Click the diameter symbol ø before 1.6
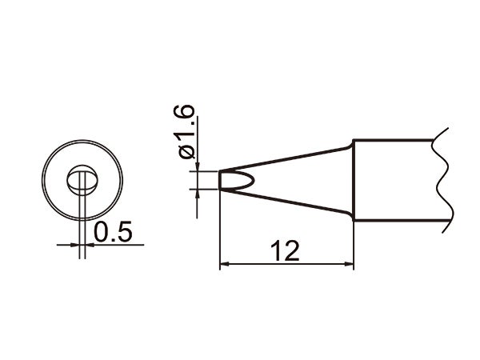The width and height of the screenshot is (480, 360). tap(186, 150)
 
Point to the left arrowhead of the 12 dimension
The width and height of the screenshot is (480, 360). tap(225, 264)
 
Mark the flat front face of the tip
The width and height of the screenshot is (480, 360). tap(220, 180)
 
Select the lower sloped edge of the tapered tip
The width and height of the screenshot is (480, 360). tap(288, 205)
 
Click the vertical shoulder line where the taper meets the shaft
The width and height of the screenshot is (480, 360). tap(354, 180)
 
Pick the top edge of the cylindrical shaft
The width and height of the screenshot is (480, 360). tap(392, 141)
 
